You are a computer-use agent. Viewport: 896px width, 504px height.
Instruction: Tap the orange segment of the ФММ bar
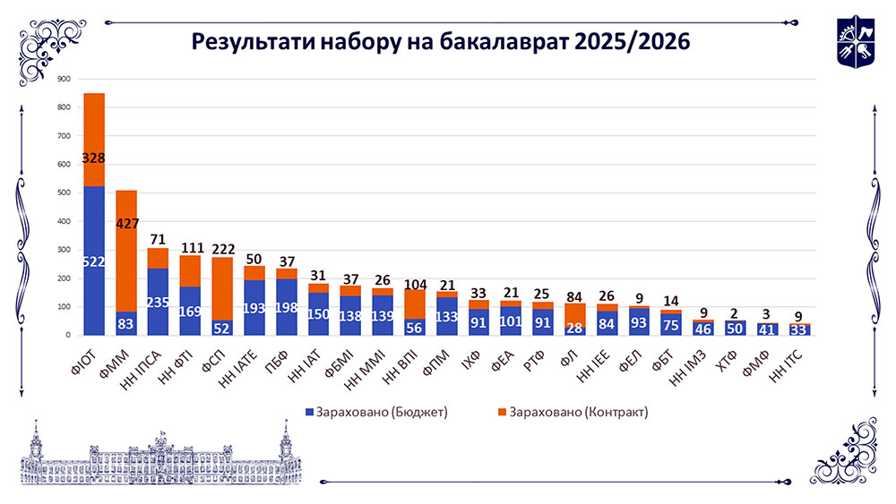point(126,269)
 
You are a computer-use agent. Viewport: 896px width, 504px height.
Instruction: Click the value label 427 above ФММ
point(126,224)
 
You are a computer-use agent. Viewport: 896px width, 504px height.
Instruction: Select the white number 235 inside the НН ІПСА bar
point(159,302)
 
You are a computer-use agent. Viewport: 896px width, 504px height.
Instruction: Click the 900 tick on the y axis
point(64,80)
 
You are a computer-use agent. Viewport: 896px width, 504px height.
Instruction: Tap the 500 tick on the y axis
point(64,193)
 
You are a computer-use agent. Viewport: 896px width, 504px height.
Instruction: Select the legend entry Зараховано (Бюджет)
point(377,412)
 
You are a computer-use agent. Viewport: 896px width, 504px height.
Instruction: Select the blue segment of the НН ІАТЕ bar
point(254,307)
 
